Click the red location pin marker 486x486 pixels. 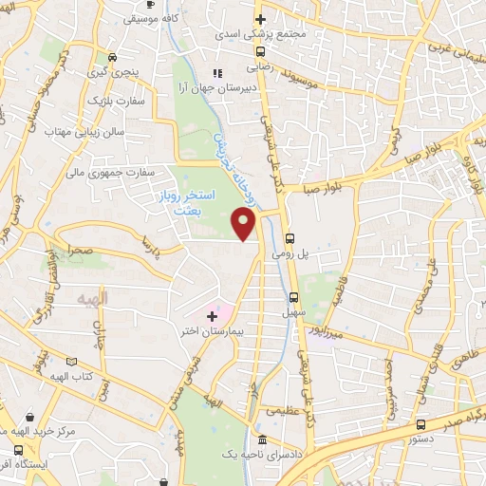click(245, 224)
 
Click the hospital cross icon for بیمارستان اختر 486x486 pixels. click(211, 313)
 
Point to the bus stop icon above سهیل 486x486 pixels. click(294, 295)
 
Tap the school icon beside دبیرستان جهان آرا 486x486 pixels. click(217, 73)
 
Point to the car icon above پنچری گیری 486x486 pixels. click(113, 55)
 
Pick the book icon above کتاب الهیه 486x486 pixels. click(72, 362)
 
